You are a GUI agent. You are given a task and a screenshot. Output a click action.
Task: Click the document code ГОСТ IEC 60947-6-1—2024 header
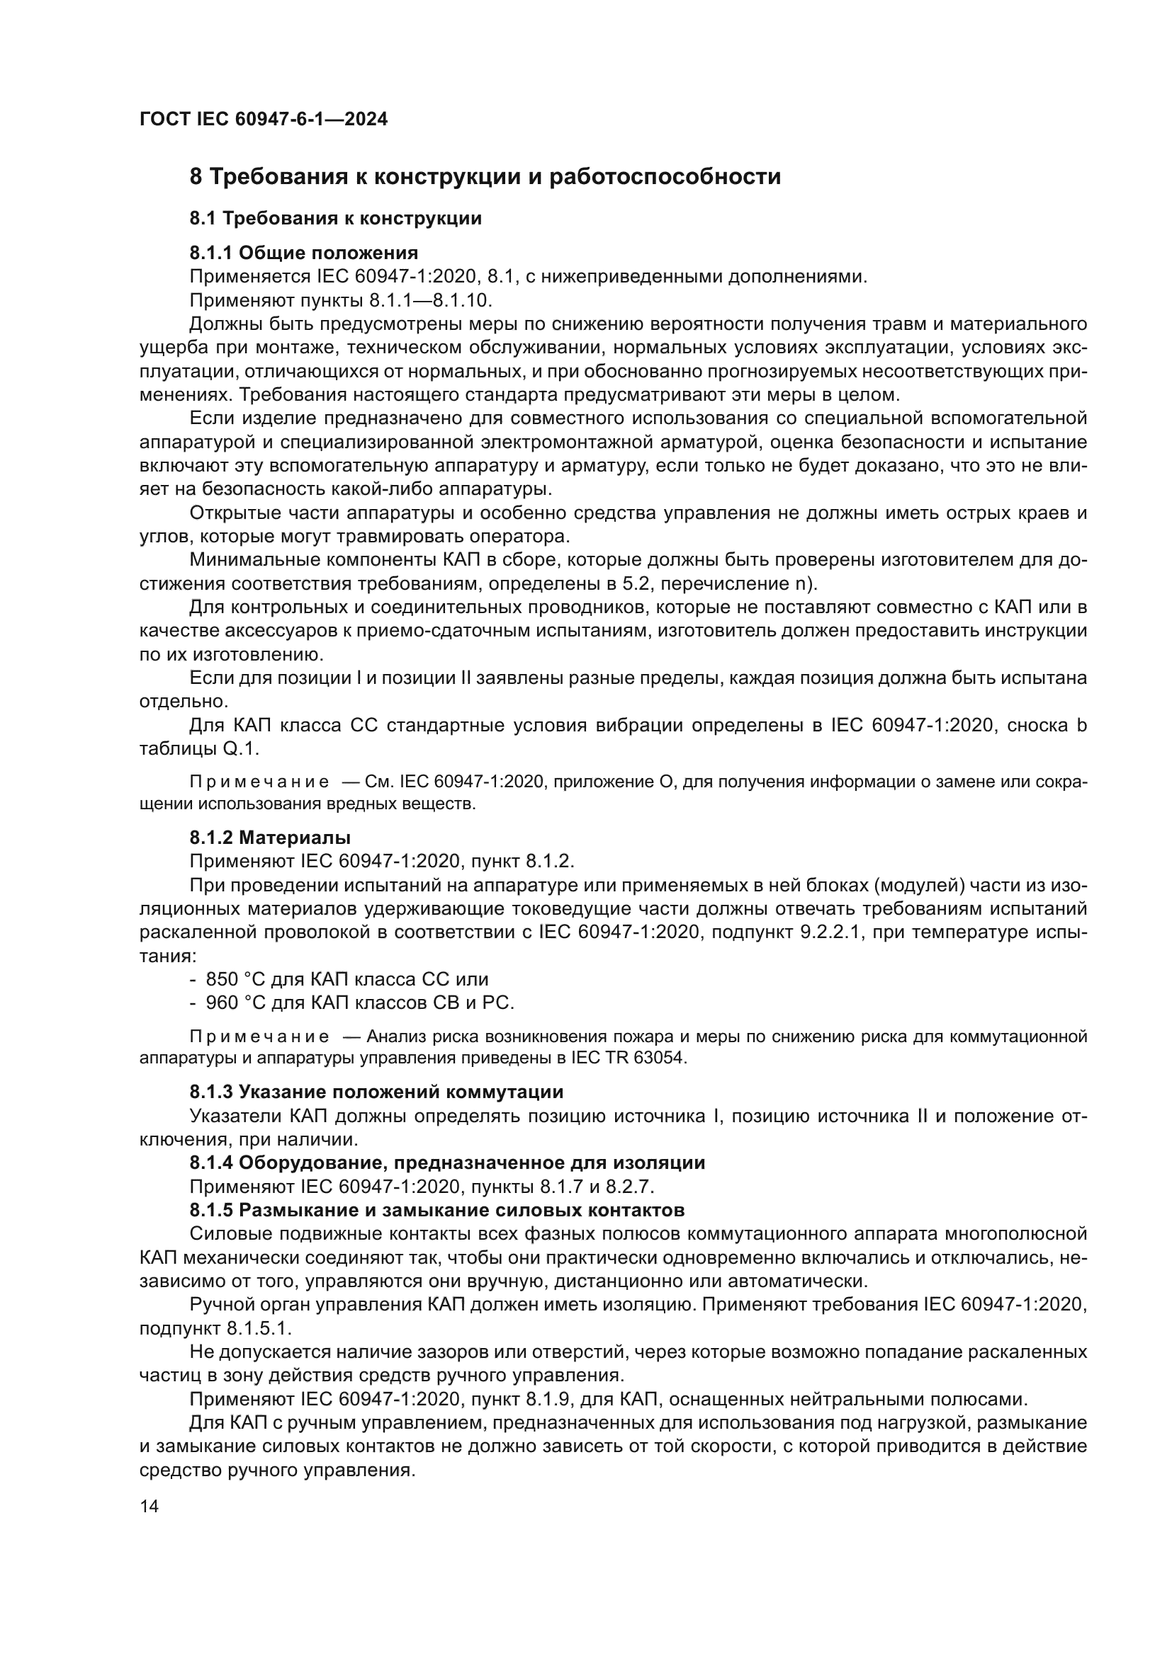click(x=264, y=119)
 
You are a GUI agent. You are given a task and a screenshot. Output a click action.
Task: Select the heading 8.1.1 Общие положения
click(x=304, y=253)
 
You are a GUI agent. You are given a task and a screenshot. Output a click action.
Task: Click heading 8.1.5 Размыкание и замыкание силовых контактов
click(x=436, y=1209)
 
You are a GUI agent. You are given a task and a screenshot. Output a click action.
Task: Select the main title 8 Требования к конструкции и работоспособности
click(x=485, y=177)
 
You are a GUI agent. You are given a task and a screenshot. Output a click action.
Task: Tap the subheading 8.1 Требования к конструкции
click(x=336, y=218)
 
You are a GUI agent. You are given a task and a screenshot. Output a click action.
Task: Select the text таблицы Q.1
click(x=198, y=749)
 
